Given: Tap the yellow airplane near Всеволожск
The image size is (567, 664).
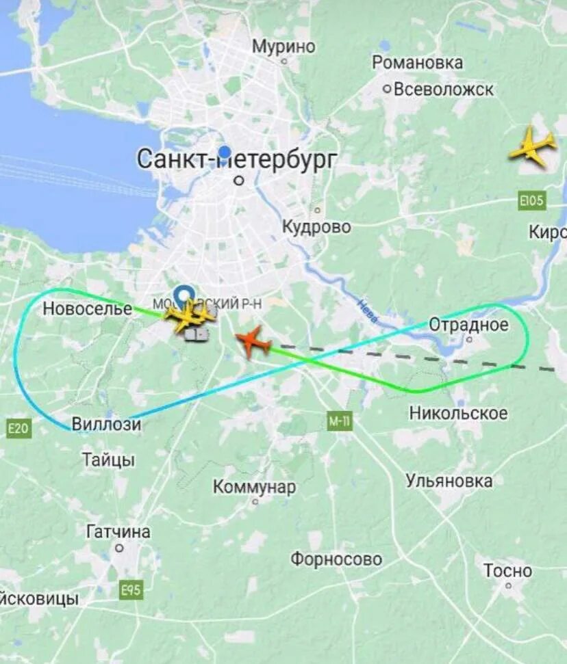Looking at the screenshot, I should [x=532, y=146].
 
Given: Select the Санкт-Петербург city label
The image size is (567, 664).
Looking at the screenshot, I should [x=237, y=159].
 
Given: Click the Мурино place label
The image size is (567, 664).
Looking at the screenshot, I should [x=283, y=47].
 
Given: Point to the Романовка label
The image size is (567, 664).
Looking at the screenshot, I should [x=417, y=63].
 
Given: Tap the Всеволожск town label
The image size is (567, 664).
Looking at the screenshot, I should [x=444, y=90].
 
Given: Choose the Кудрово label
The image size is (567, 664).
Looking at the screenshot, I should [x=316, y=227].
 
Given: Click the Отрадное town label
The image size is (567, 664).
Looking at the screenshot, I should [x=468, y=325].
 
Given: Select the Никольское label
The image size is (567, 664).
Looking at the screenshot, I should [x=458, y=413].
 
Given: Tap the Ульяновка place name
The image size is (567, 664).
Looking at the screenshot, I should [x=449, y=481].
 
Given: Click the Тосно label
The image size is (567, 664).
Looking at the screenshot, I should [x=507, y=570].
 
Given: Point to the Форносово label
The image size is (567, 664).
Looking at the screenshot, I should [x=336, y=559].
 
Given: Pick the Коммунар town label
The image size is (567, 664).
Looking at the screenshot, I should [x=254, y=487].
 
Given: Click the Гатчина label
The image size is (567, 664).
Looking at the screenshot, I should [x=118, y=531].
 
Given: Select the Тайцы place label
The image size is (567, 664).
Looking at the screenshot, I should [x=108, y=460].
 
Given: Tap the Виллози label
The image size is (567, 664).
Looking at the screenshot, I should [x=106, y=425].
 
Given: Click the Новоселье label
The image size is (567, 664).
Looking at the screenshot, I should [x=87, y=308].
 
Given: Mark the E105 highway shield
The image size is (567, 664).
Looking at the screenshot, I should [x=531, y=201].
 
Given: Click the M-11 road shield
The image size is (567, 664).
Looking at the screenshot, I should [x=339, y=422].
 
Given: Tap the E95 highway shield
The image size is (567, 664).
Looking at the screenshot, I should [x=131, y=589].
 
